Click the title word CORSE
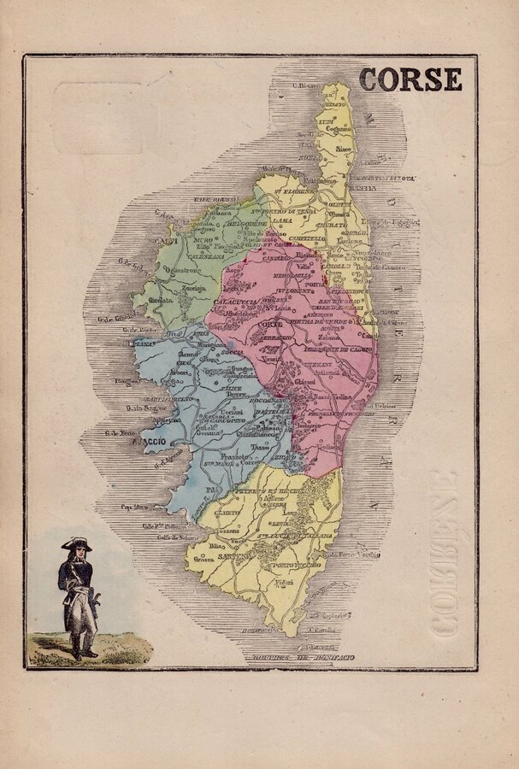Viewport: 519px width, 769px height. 410,79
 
